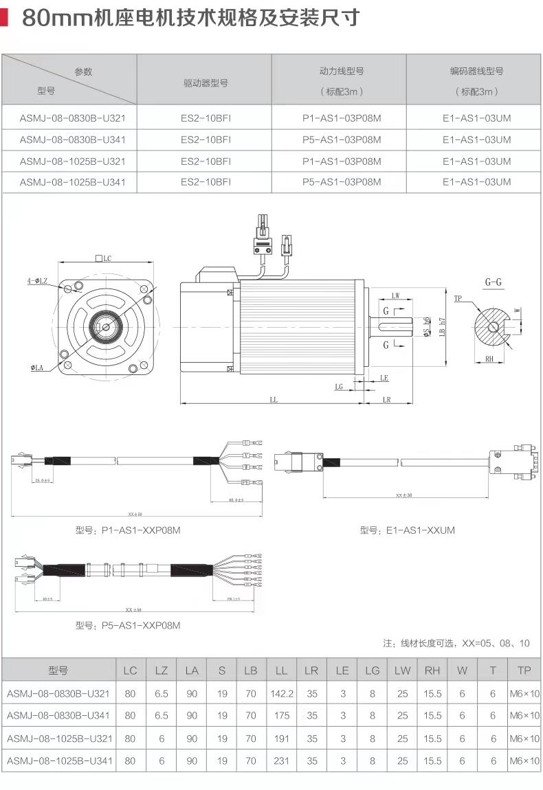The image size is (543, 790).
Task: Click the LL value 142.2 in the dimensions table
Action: (281, 694)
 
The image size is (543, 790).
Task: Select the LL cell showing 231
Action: (281, 761)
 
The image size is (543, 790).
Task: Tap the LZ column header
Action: (161, 670)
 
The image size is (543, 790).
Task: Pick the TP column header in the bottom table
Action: (524, 670)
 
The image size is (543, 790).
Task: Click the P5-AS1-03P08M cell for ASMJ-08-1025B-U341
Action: (342, 182)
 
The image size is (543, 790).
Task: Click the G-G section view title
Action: (493, 282)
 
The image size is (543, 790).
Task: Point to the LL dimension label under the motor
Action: (274, 400)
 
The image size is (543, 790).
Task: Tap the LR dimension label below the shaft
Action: (386, 400)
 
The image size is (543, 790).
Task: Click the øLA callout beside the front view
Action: (38, 369)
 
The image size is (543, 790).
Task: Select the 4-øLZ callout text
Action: (37, 281)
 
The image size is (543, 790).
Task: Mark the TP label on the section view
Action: (458, 298)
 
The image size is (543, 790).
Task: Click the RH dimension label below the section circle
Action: (489, 359)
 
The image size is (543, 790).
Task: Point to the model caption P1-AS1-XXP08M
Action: (128, 530)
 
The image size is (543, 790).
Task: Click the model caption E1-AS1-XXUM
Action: (407, 530)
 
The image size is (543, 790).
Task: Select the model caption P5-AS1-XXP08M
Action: (128, 625)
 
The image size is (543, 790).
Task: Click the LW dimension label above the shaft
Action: (395, 296)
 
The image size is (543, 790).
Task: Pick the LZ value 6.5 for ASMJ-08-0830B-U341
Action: (161, 716)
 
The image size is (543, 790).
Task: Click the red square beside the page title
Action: (4, 16)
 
